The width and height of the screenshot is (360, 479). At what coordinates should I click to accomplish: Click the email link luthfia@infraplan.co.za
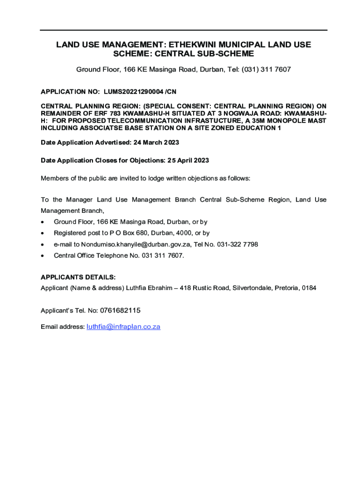point(123,327)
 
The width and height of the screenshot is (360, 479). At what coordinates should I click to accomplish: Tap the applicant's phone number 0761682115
point(120,311)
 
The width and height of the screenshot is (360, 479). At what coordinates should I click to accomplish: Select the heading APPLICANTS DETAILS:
point(78,277)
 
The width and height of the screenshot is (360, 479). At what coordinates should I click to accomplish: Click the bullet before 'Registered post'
point(43,233)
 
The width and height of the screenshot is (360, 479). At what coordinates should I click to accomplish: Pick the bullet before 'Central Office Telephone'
point(43,256)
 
